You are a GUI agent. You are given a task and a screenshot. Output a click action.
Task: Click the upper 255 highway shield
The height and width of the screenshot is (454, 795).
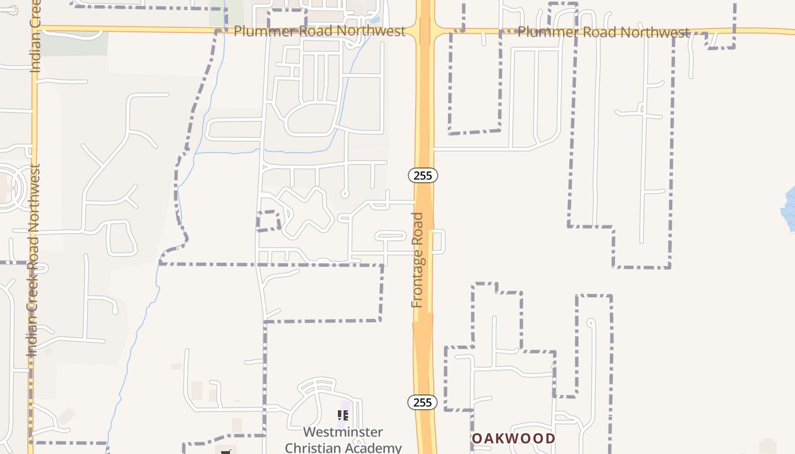tap(423, 175)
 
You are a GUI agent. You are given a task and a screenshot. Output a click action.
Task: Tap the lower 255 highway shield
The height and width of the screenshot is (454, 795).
tap(422, 402)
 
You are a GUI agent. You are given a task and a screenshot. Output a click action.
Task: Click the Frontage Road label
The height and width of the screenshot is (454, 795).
tap(418, 260)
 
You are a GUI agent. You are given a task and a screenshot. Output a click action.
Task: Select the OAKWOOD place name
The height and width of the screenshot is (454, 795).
tap(513, 438)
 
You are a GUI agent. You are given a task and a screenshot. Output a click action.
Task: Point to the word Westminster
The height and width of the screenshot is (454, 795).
tap(343, 432)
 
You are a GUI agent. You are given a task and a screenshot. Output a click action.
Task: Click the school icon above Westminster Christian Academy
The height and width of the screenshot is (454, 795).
tap(343, 416)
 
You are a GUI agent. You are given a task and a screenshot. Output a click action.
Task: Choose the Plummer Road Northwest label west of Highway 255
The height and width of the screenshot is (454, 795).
tap(319, 31)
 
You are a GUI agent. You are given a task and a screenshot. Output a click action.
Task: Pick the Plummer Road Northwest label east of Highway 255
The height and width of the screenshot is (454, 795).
tap(603, 32)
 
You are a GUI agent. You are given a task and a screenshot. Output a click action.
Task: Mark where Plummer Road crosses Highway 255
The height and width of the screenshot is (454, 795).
tap(424, 30)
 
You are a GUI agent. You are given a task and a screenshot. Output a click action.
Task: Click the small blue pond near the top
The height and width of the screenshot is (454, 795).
tap(374, 20)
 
